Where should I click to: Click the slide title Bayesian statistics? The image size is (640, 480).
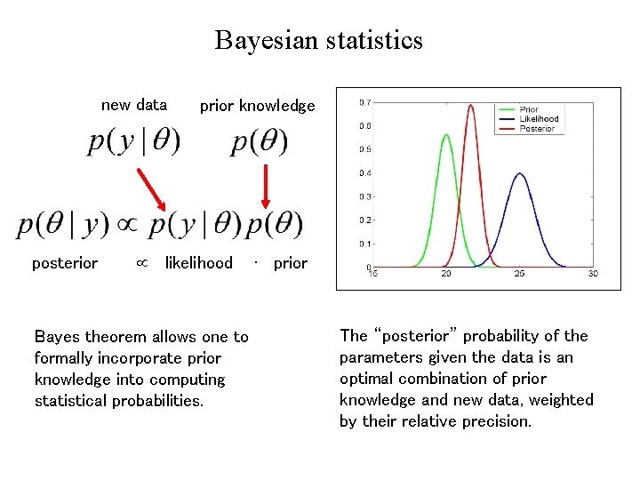click(318, 41)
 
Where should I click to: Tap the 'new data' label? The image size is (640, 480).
click(134, 105)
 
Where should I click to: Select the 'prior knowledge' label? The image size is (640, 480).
click(257, 106)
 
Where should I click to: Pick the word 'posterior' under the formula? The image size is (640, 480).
click(65, 263)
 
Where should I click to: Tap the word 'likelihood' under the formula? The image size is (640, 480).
click(198, 263)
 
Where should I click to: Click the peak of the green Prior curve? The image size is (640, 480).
click(446, 135)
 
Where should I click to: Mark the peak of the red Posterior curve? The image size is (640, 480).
click(470, 106)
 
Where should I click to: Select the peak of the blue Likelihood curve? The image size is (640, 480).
click(520, 174)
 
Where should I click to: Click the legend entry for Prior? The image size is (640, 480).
click(529, 110)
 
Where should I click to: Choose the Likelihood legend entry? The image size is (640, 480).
click(539, 119)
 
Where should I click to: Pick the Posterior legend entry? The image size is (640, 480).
click(537, 129)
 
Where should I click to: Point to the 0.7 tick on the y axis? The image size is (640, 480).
click(364, 102)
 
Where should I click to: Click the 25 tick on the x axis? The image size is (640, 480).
click(520, 274)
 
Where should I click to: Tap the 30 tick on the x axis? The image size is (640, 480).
click(593, 274)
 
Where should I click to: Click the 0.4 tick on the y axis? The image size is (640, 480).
click(364, 173)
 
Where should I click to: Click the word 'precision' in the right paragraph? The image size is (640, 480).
click(499, 421)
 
